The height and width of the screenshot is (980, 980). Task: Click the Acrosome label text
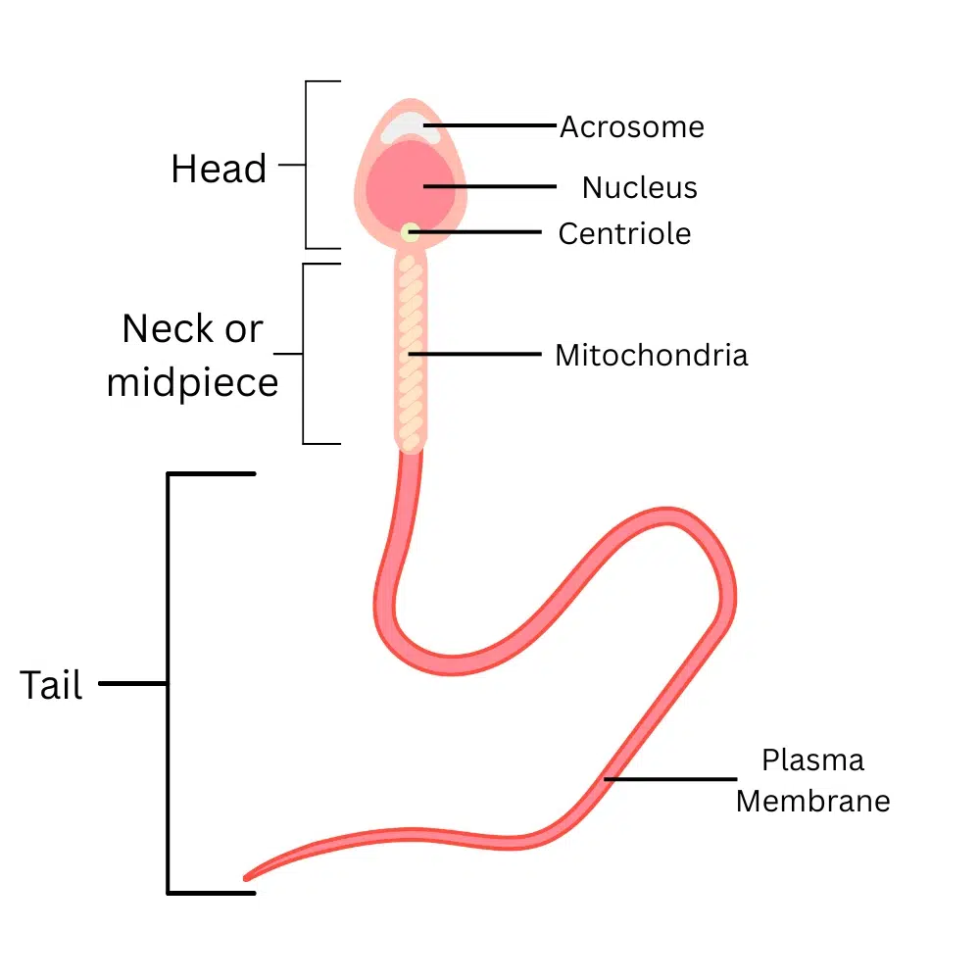point(632,127)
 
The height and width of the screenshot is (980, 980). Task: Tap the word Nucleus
point(639,187)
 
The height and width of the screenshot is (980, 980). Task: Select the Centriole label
point(624,233)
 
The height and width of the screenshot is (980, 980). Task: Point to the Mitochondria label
point(651,355)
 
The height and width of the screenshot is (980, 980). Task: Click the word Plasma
point(813,760)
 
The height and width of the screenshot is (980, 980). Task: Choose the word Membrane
point(813,801)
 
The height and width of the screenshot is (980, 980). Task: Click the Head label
point(219,169)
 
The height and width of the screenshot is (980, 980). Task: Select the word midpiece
point(192,382)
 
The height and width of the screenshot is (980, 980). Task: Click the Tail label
point(51,685)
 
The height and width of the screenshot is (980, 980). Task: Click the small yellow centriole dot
point(410,232)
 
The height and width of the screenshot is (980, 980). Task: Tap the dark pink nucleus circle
point(412,186)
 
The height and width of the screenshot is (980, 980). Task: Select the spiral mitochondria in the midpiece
point(411,353)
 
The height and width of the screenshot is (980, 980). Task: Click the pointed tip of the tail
point(247,875)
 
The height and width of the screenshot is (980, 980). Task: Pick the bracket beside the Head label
point(307,165)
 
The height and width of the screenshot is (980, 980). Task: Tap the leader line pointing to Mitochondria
point(480,353)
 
